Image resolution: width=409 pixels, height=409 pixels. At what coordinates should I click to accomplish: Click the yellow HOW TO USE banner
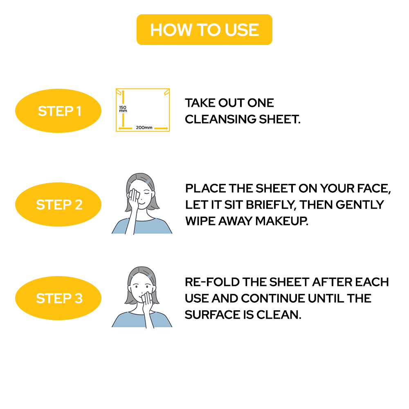click(204, 30)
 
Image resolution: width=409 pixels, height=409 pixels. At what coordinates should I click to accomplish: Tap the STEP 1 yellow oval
click(58, 111)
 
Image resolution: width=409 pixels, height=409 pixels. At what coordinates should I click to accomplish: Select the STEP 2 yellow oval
click(58, 204)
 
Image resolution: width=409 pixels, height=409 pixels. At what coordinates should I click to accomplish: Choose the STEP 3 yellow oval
click(58, 298)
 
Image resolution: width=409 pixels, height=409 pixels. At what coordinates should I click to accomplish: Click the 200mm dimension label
click(144, 128)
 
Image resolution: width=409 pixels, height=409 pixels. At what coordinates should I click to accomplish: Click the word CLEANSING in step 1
click(220, 119)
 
